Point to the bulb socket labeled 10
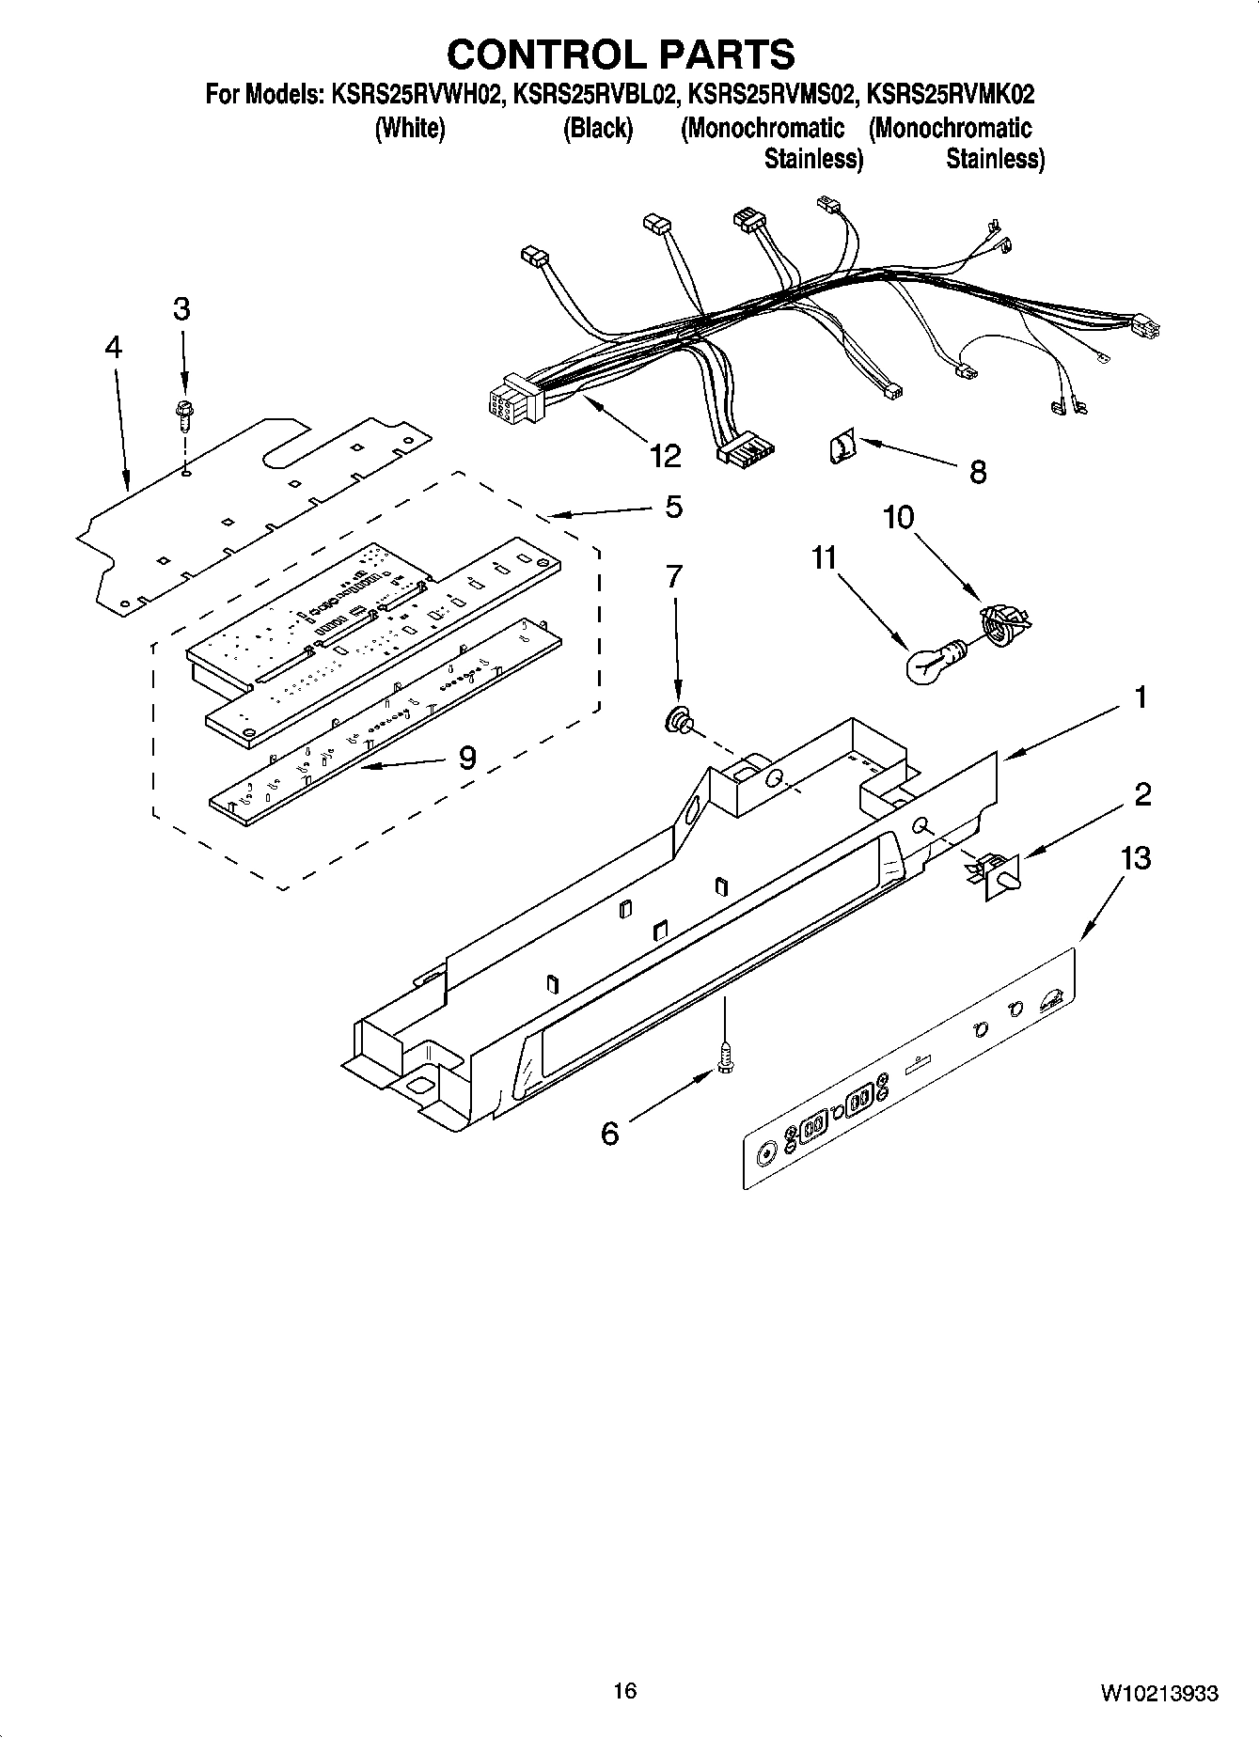click(1002, 622)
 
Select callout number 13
click(1136, 858)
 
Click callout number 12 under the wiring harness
click(665, 455)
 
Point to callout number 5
click(673, 508)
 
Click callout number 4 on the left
click(113, 348)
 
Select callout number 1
click(1140, 697)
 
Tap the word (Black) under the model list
click(597, 128)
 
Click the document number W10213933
click(1158, 1693)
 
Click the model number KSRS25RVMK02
click(950, 94)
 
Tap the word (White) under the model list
click(409, 128)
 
